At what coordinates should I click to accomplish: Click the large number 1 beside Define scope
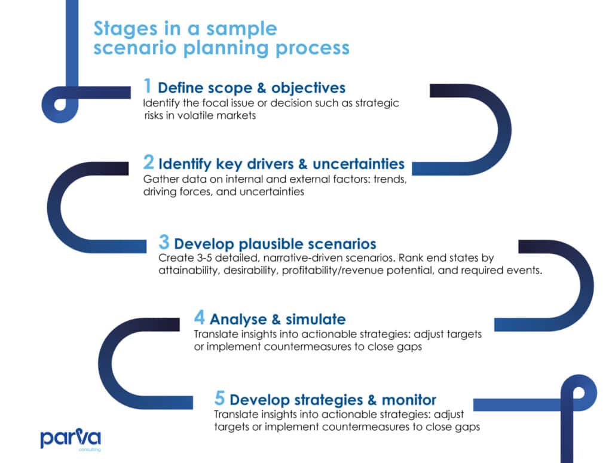[148, 86]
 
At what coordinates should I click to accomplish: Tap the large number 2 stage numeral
[149, 162]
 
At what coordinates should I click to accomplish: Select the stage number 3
[164, 242]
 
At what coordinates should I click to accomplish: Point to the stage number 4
[200, 317]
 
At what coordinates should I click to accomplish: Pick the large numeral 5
[220, 398]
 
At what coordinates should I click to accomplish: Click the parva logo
[71, 440]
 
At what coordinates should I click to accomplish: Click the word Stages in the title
[126, 29]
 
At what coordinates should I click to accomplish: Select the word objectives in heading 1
[308, 88]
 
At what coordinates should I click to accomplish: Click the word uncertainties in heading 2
[359, 164]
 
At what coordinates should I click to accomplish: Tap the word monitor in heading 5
[409, 400]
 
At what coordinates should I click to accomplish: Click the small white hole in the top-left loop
[60, 105]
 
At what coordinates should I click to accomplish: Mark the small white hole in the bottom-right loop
[579, 393]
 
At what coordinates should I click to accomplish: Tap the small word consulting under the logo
[90, 450]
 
